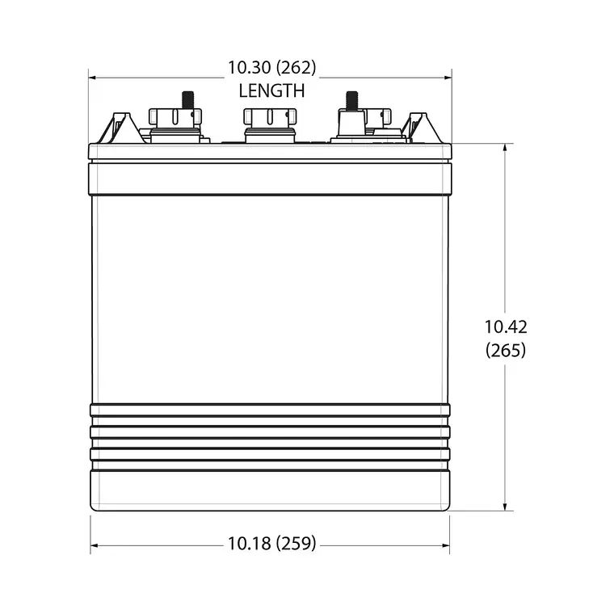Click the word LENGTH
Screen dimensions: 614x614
271,91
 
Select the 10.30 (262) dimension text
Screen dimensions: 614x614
271,68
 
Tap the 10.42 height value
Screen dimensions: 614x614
506,327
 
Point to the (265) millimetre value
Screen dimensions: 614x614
506,350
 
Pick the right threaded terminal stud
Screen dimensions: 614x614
352,99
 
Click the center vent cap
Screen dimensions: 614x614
270,121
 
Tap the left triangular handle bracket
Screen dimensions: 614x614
120,128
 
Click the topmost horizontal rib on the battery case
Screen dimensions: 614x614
270,410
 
